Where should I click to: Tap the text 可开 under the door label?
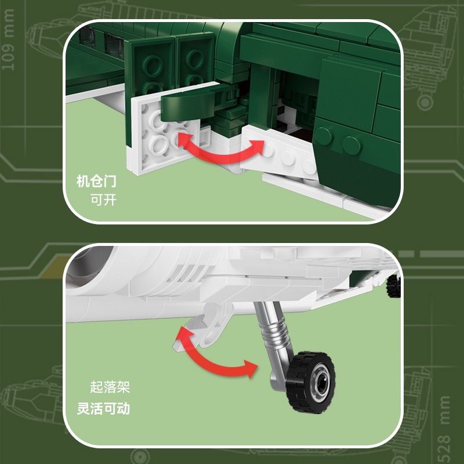pyautogui.click(x=103, y=200)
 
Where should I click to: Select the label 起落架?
pyautogui.click(x=110, y=387)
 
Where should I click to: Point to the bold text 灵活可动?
pyautogui.click(x=103, y=408)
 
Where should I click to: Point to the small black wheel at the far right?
pyautogui.click(x=396, y=284)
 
